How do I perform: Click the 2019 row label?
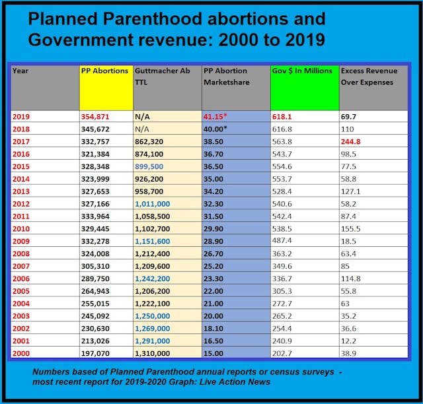click(22, 116)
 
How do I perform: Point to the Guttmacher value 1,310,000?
click(155, 354)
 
